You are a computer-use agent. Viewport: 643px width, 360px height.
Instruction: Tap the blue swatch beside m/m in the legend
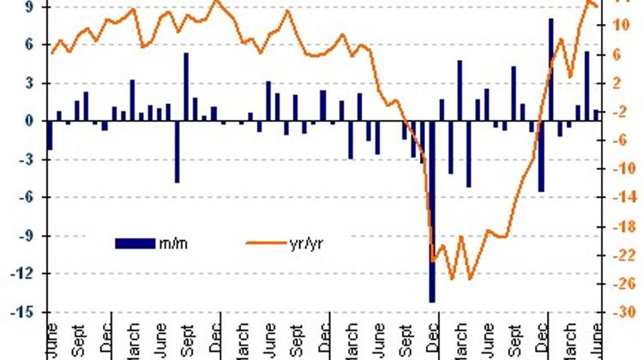pyautogui.click(x=135, y=243)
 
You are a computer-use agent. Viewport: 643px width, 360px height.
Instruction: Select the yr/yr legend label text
pyautogui.click(x=307, y=243)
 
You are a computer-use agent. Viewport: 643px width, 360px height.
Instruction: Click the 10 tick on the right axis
pyautogui.click(x=622, y=26)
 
